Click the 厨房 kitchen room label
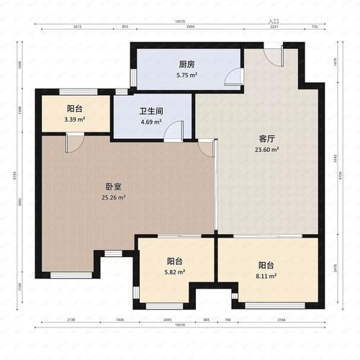coord(186,63)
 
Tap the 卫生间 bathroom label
coord(151,112)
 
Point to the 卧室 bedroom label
coord(113,186)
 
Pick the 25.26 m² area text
coord(113,197)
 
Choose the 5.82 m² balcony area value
coord(175,271)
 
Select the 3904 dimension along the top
coord(190,27)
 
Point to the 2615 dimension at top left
coord(77,27)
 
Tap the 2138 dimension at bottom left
coord(70,318)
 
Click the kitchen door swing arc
coord(232,78)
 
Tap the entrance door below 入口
coord(272,57)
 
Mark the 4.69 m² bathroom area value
coord(152,122)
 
